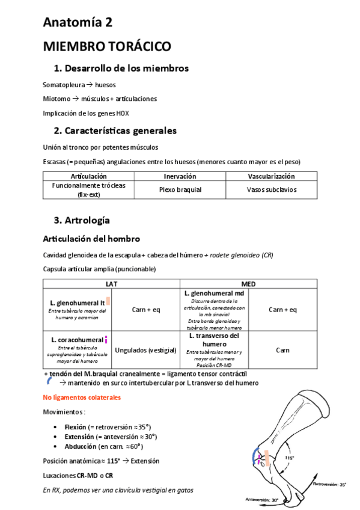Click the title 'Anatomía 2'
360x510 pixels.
(78, 22)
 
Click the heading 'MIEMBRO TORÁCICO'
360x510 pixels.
(107, 47)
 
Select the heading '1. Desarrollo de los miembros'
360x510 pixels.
(121, 68)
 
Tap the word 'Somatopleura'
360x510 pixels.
(64, 85)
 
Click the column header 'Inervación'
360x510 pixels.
(180, 176)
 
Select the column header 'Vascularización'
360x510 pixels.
(271, 176)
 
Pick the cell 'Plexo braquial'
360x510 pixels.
(180, 189)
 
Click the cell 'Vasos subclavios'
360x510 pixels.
(271, 189)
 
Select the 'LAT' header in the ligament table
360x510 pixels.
(111, 283)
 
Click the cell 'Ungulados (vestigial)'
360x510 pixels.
(145, 349)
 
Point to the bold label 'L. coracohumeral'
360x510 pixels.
(77, 340)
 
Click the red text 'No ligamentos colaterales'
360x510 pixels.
(82, 398)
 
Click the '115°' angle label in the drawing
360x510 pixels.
(290, 458)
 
